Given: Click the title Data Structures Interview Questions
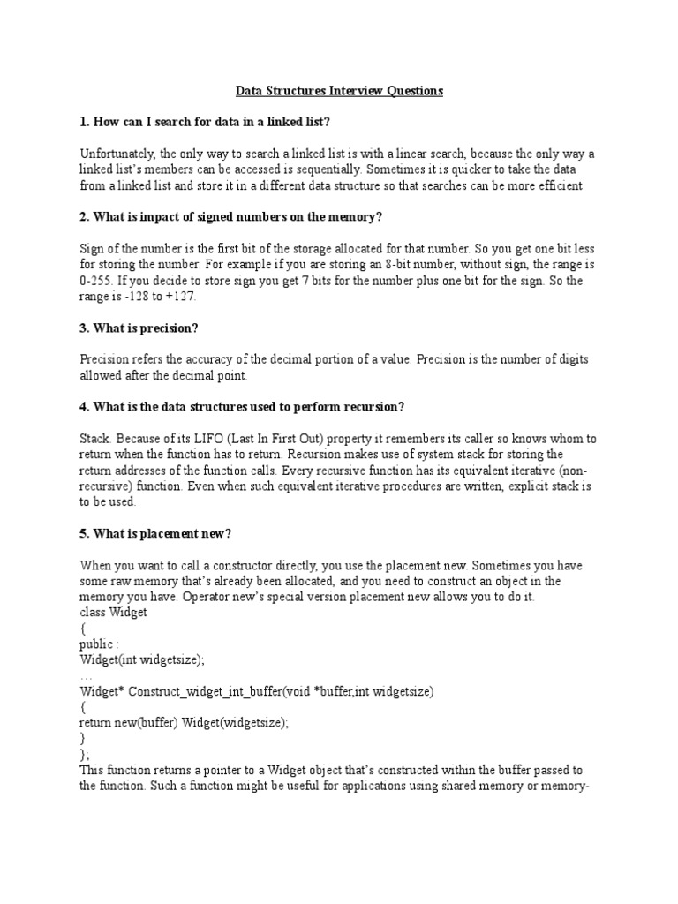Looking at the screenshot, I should coord(339,91).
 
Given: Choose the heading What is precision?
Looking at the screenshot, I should coord(139,328).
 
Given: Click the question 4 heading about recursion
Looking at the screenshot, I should coord(243,406).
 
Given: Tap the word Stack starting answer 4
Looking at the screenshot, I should coord(96,439).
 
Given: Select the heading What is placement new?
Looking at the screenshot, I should coord(155,533).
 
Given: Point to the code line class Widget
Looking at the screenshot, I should coord(114,613).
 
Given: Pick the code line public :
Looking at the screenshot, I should coord(98,644).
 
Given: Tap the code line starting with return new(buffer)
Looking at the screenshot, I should coord(185,722).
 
